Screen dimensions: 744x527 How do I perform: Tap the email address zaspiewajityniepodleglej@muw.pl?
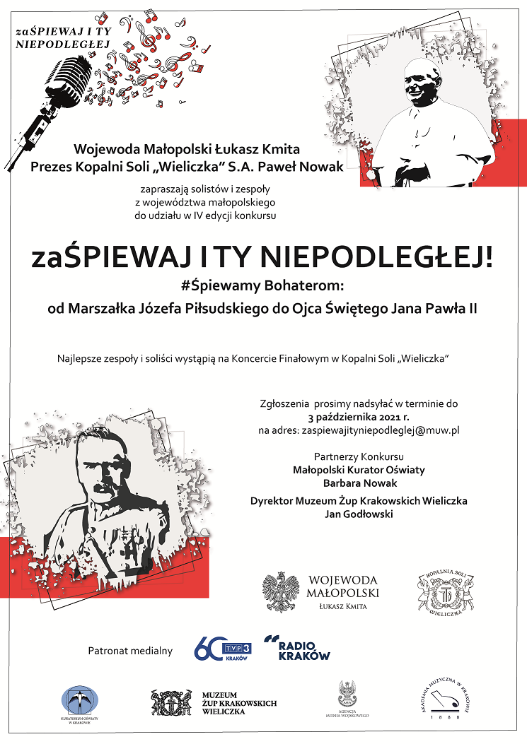pos(381,430)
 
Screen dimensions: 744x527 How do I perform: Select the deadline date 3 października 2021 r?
pos(359,416)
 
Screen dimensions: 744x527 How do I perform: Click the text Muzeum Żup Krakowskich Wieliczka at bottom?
pos(238,703)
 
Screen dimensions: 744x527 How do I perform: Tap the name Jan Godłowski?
pos(359,514)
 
